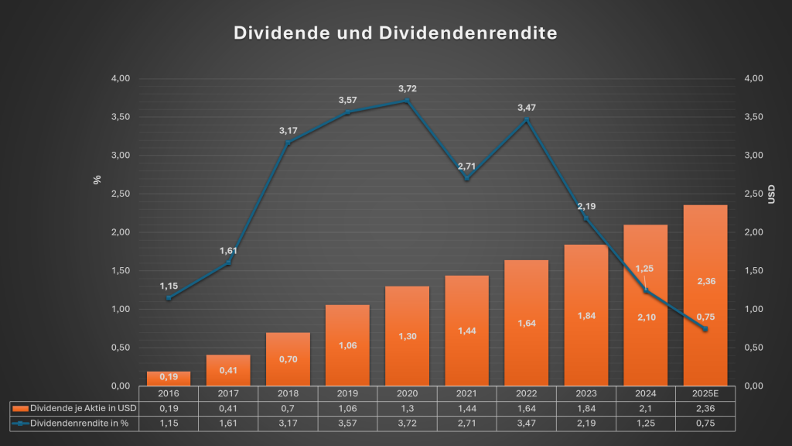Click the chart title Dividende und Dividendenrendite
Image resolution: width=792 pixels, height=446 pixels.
[x=395, y=34]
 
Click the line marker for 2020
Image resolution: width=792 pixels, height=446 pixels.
[x=407, y=101]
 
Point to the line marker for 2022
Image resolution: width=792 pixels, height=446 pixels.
[x=526, y=120]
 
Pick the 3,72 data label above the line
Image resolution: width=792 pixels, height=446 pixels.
[x=407, y=88]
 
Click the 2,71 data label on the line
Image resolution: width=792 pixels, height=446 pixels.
[x=466, y=166]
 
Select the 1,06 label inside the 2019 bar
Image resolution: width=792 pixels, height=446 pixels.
[x=347, y=345]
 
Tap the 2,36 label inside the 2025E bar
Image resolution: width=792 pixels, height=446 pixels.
[x=705, y=281]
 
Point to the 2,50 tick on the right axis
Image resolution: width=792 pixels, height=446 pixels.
[x=753, y=194]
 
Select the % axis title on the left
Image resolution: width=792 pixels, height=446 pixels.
[x=97, y=180]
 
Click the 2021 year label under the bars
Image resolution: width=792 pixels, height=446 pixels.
[x=466, y=393]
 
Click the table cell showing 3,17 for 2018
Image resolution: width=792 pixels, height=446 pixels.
[x=288, y=423]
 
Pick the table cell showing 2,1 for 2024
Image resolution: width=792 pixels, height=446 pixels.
[x=645, y=408]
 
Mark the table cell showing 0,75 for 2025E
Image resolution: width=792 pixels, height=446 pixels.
[x=705, y=423]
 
